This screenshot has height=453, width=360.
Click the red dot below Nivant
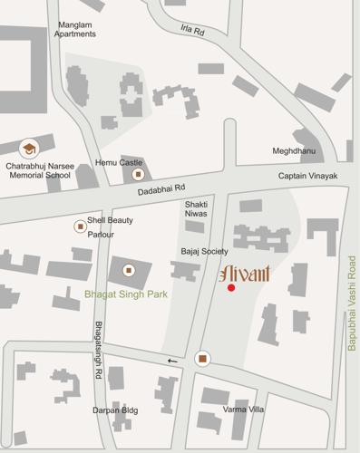click(x=231, y=288)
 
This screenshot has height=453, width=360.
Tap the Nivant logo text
click(x=243, y=272)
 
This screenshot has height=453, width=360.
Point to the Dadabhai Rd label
click(x=161, y=190)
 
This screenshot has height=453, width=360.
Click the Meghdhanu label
click(x=293, y=151)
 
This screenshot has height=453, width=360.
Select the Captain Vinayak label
click(x=307, y=175)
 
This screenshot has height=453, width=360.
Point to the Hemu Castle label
click(x=118, y=163)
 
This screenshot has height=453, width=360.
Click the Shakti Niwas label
click(x=197, y=209)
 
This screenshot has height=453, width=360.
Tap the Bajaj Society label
click(x=202, y=250)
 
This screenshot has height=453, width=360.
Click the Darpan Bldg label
click(x=116, y=410)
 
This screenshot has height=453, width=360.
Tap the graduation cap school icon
click(x=29, y=148)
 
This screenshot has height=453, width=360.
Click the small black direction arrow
click(x=172, y=361)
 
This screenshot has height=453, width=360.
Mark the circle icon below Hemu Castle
click(x=138, y=174)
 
